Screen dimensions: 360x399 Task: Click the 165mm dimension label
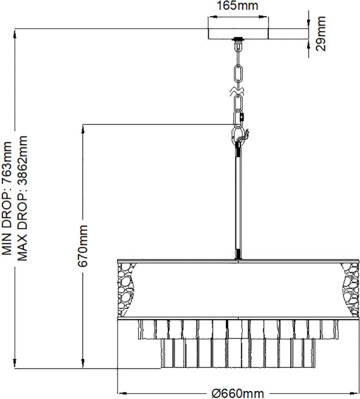tap(237, 6)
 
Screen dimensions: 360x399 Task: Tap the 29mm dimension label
tap(321, 34)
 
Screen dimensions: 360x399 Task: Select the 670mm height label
tap(83, 246)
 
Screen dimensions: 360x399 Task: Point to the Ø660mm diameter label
tap(237, 394)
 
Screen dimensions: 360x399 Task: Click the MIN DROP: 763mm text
tap(7, 198)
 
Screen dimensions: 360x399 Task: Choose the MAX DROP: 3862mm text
tap(22, 198)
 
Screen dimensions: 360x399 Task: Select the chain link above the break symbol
tap(238, 73)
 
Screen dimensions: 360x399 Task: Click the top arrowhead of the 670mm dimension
tap(83, 129)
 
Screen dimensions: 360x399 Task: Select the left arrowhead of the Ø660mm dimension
tap(123, 393)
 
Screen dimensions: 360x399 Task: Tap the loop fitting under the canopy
tap(238, 46)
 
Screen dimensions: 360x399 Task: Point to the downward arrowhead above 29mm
tap(309, 24)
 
